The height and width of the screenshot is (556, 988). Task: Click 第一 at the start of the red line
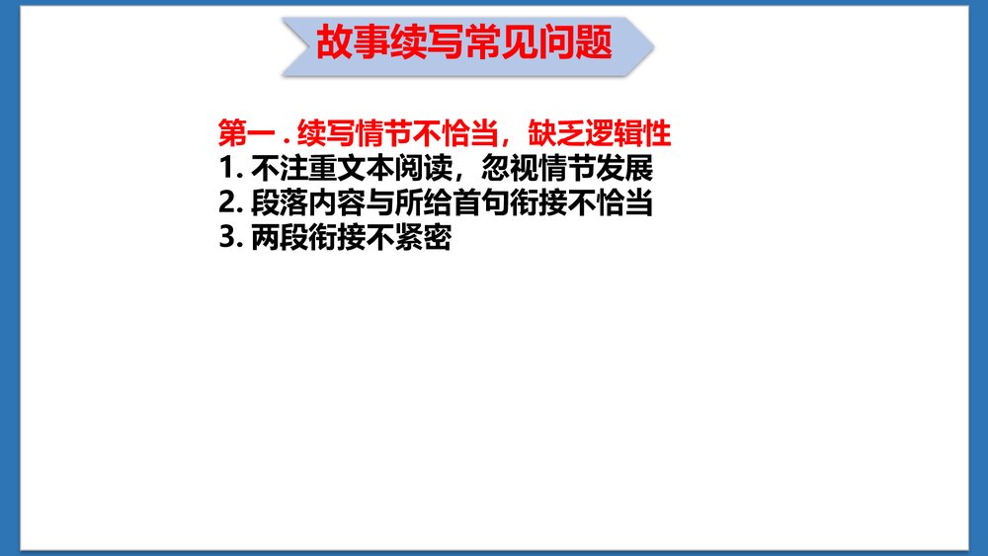click(242, 132)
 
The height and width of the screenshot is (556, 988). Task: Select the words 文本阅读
click(383, 168)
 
